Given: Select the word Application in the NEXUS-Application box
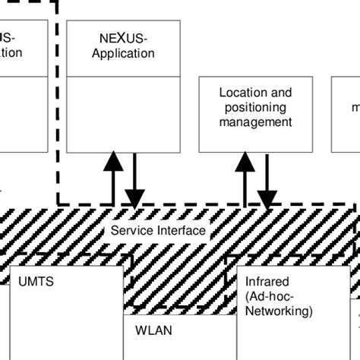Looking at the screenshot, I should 122,53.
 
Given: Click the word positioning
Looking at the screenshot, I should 254,106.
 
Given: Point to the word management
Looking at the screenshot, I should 254,121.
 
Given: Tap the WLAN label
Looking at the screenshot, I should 154,330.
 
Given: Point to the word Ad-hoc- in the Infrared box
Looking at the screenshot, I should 269,297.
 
